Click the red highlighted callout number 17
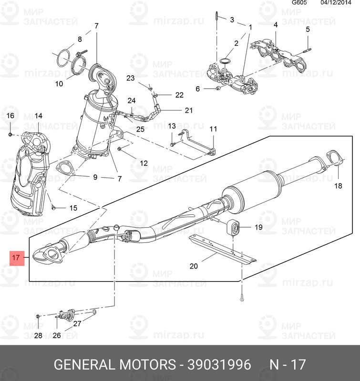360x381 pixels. (16, 258)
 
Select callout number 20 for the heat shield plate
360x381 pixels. (193, 266)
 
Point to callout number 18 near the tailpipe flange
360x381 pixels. (338, 186)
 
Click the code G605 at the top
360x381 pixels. (299, 3)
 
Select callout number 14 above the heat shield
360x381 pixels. (38, 116)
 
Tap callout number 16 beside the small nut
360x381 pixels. (10, 116)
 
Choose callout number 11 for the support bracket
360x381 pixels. (213, 129)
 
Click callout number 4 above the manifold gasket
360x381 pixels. (275, 25)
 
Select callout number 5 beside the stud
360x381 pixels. (308, 30)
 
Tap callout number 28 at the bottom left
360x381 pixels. (38, 335)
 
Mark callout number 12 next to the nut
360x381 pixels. (144, 163)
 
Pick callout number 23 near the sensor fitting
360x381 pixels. (130, 78)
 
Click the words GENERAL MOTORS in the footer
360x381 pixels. (114, 365)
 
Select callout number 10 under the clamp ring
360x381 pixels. (59, 84)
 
